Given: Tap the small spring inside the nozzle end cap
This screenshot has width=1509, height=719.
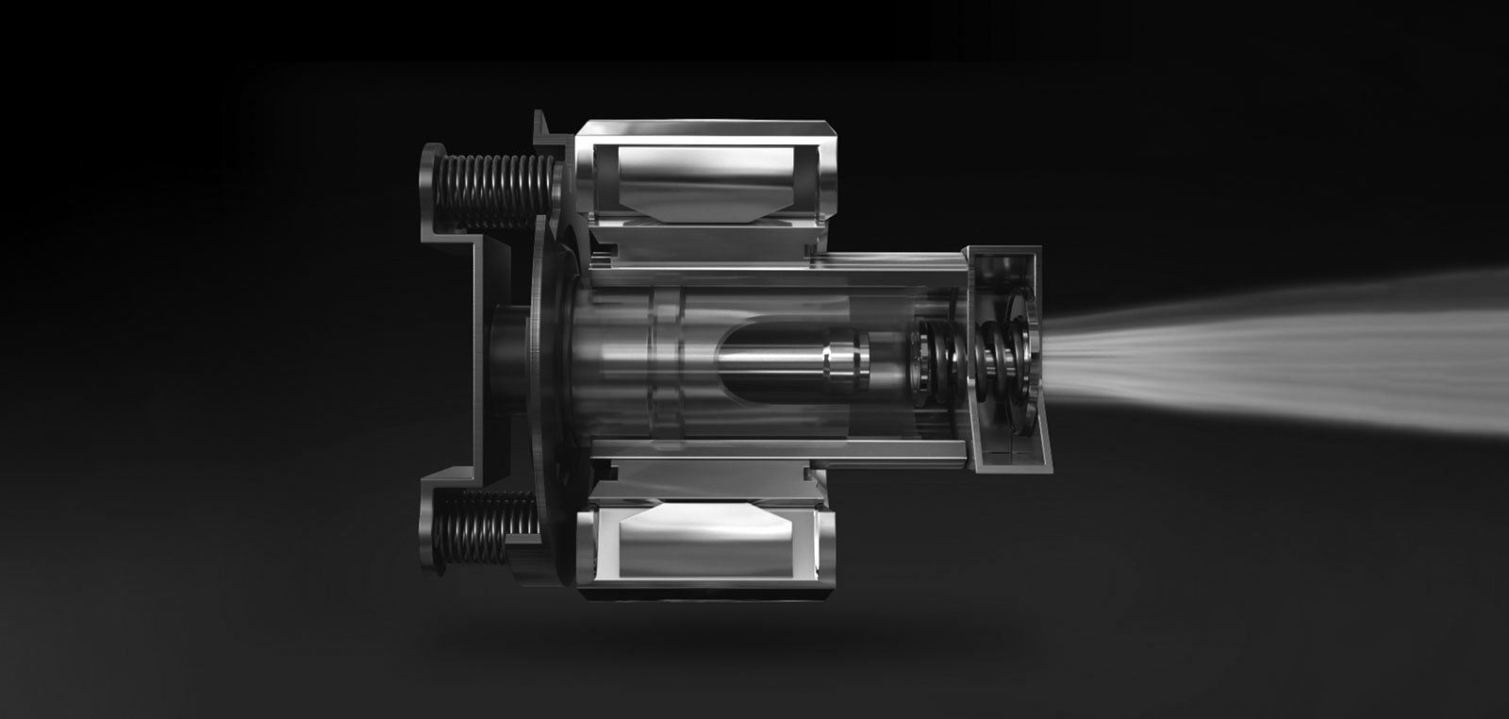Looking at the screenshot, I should pyautogui.click(x=1003, y=357).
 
